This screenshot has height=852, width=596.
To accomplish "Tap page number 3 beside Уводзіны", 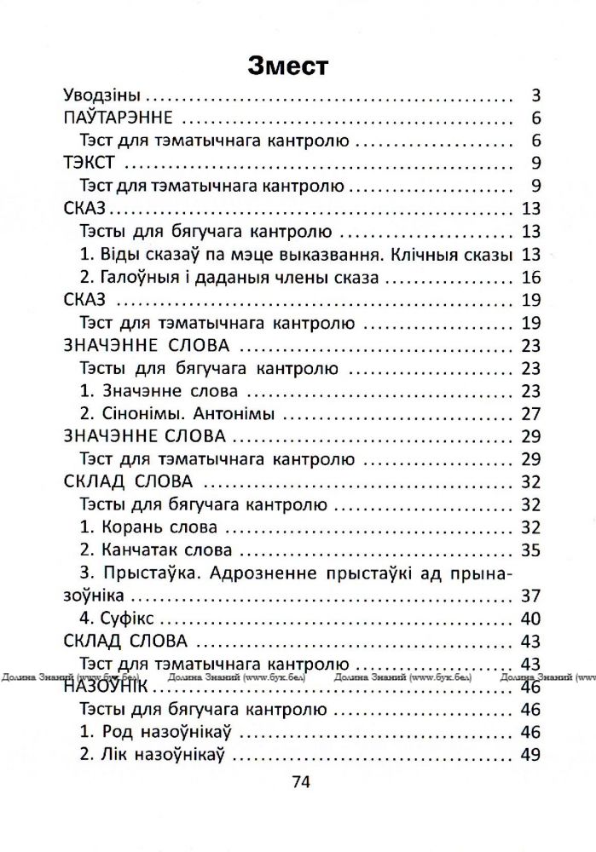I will coord(535,95).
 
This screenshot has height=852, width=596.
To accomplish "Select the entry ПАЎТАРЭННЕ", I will coord(119,118).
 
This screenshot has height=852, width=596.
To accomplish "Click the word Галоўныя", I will coord(138,277).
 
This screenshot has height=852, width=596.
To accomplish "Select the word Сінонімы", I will coord(141,414).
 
